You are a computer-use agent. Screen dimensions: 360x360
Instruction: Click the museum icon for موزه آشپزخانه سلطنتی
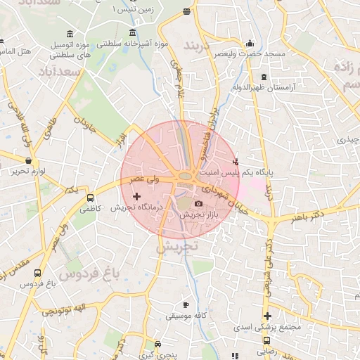133,32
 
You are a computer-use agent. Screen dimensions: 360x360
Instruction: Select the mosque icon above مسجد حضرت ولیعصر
250,42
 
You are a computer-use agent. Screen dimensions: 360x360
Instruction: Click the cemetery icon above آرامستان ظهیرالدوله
264,77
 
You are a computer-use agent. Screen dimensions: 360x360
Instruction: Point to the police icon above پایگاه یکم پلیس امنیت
244,160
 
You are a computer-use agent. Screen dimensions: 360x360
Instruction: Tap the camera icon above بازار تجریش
198,204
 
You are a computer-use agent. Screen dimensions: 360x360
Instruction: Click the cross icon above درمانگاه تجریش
136,196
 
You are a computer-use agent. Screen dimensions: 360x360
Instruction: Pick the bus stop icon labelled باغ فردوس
37,274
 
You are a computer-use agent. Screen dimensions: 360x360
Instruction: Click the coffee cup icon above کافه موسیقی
186,305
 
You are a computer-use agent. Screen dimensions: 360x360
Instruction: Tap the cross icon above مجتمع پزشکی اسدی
267,316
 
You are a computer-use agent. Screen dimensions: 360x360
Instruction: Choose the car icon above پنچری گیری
158,344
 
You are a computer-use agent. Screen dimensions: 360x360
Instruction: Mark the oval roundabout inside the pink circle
186,175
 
